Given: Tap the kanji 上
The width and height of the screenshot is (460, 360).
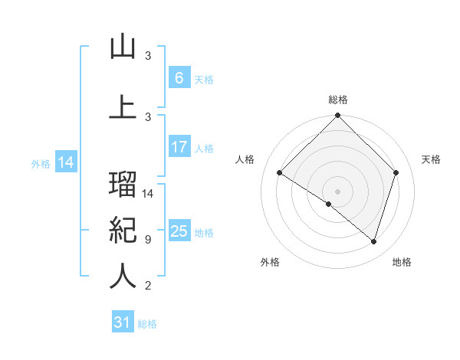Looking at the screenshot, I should pyautogui.click(x=123, y=106).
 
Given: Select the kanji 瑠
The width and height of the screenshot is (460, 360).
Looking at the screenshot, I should pyautogui.click(x=123, y=185).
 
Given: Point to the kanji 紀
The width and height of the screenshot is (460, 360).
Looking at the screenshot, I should pyautogui.click(x=123, y=230).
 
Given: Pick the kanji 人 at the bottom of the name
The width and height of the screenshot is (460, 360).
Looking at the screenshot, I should pyautogui.click(x=123, y=277).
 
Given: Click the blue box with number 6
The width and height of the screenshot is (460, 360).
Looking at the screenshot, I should pyautogui.click(x=179, y=78).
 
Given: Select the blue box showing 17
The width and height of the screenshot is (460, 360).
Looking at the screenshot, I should pyautogui.click(x=179, y=147).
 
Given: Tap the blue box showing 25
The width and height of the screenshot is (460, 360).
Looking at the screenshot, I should pyautogui.click(x=179, y=231).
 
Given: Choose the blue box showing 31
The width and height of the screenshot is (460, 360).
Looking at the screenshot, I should pyautogui.click(x=123, y=322).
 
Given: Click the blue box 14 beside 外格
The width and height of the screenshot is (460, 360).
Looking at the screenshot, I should pyautogui.click(x=66, y=162).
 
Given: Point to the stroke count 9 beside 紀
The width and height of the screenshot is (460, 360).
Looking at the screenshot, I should pyautogui.click(x=148, y=240).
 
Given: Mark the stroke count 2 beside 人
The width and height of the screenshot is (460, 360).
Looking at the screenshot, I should pyautogui.click(x=148, y=286).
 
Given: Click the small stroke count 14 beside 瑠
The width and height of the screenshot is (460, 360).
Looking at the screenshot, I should pyautogui.click(x=149, y=194).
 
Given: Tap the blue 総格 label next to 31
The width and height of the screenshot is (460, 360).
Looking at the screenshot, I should pyautogui.click(x=147, y=324).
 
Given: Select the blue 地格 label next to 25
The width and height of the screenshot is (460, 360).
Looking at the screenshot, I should pyautogui.click(x=205, y=233).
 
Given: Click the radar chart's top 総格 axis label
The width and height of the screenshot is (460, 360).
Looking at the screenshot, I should pyautogui.click(x=338, y=100).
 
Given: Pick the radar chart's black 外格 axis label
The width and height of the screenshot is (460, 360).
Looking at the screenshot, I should pyautogui.click(x=270, y=262).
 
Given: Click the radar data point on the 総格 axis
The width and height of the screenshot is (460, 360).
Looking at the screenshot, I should pyautogui.click(x=337, y=116).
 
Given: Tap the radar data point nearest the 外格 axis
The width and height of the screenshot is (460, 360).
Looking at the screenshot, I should pyautogui.click(x=328, y=204).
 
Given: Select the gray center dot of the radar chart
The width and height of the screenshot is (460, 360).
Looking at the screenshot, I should pyautogui.click(x=337, y=191).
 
